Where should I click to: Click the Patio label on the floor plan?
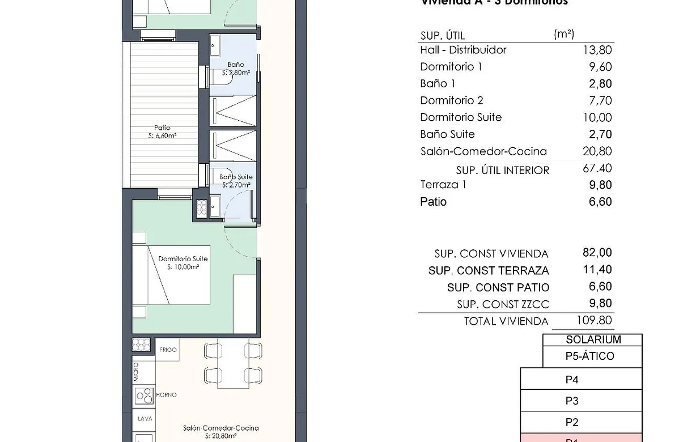(162, 128)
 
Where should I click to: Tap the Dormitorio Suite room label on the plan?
(183, 259)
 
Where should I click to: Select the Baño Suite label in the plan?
(236, 177)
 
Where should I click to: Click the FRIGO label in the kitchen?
(168, 350)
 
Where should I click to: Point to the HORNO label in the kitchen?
(166, 394)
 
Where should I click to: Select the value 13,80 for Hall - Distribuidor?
(597, 50)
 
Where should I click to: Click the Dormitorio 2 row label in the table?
(451, 101)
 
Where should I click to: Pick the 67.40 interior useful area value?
(597, 168)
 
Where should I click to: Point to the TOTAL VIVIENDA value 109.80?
(593, 320)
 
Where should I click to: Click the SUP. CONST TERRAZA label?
(489, 271)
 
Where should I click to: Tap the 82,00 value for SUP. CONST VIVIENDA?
(597, 253)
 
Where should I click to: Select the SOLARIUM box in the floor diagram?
(593, 340)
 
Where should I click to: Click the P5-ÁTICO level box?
(589, 356)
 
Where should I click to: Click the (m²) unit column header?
(563, 34)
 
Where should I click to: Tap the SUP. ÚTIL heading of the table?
(442, 36)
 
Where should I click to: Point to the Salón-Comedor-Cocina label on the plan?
(220, 428)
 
